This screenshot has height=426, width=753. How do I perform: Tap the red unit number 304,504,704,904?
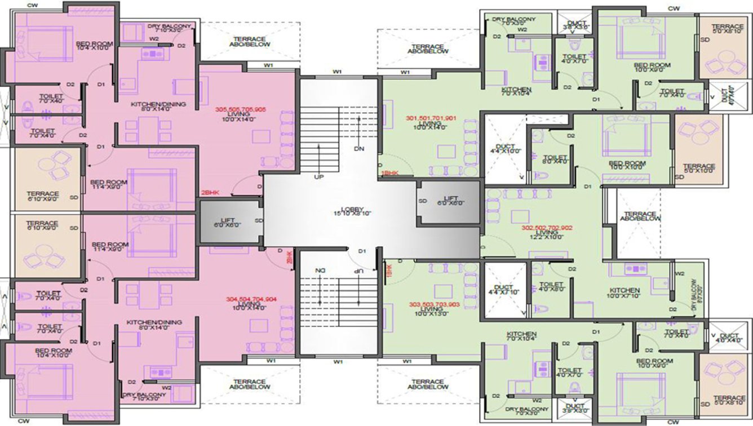pyautogui.click(x=252, y=300)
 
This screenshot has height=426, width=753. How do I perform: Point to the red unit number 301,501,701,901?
pyautogui.click(x=431, y=118)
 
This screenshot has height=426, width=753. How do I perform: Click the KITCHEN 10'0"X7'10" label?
pyautogui.click(x=624, y=294)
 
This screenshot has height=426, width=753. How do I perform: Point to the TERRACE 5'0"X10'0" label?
pyautogui.click(x=699, y=168)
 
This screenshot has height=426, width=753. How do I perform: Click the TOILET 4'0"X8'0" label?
pyautogui.click(x=551, y=286)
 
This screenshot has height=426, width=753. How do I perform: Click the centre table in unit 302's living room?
pyautogui.click(x=521, y=216)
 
